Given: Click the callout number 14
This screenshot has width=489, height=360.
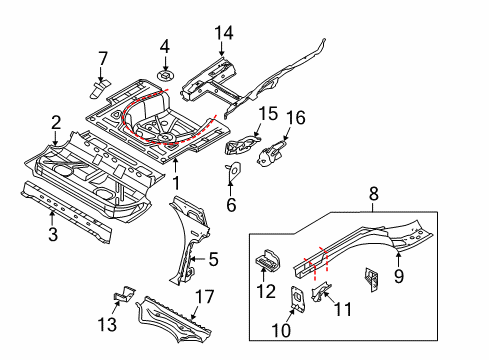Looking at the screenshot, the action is pos(224,33).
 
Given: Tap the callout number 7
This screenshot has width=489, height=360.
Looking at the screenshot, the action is pos(103,58).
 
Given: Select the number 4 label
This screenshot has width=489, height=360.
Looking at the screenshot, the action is pos(165,46).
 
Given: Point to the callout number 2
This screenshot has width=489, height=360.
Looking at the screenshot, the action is pos(56,122).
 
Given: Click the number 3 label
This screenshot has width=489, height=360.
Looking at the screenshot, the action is pos(53,234).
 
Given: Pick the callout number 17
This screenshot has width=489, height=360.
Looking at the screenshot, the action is pos(204,296).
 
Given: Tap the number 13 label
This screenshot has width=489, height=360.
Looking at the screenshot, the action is pos(107,324).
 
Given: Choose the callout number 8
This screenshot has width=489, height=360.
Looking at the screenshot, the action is pos(374,193).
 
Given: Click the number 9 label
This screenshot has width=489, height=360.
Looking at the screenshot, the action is pos(399,276).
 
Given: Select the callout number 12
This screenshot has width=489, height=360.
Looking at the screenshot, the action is pos(266,291).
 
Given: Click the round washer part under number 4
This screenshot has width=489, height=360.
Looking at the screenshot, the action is pos(165,75).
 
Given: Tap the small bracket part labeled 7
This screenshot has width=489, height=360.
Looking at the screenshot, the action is pos(99,88).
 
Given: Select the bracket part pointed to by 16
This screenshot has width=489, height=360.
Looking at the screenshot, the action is pos(271,154).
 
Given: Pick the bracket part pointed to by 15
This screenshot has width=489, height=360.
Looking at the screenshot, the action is pos(242,144).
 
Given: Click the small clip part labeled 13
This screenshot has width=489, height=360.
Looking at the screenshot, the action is pos(125,294).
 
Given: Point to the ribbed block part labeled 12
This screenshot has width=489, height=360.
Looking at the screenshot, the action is pos(267,260).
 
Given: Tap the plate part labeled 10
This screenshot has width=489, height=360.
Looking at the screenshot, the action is pos(297,299).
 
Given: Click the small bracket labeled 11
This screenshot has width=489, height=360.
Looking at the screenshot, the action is pos(321,290).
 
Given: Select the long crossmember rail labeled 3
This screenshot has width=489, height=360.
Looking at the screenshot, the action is pos(66,211).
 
